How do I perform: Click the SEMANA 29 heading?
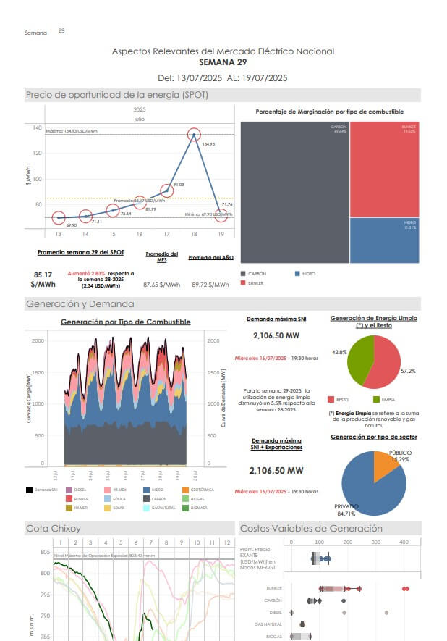[223, 62]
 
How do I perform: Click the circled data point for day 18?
[193, 135]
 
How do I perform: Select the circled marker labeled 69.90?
[59, 217]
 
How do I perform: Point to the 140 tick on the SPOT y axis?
[37, 128]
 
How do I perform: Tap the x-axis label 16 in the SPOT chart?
[140, 235]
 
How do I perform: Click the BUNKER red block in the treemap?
[384, 169]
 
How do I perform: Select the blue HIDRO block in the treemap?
[384, 239]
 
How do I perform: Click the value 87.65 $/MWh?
[162, 285]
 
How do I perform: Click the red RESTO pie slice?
[387, 362]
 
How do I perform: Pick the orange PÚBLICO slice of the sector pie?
[383, 466]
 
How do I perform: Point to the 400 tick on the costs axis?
[404, 542]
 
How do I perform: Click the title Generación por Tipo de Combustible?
[125, 321]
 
